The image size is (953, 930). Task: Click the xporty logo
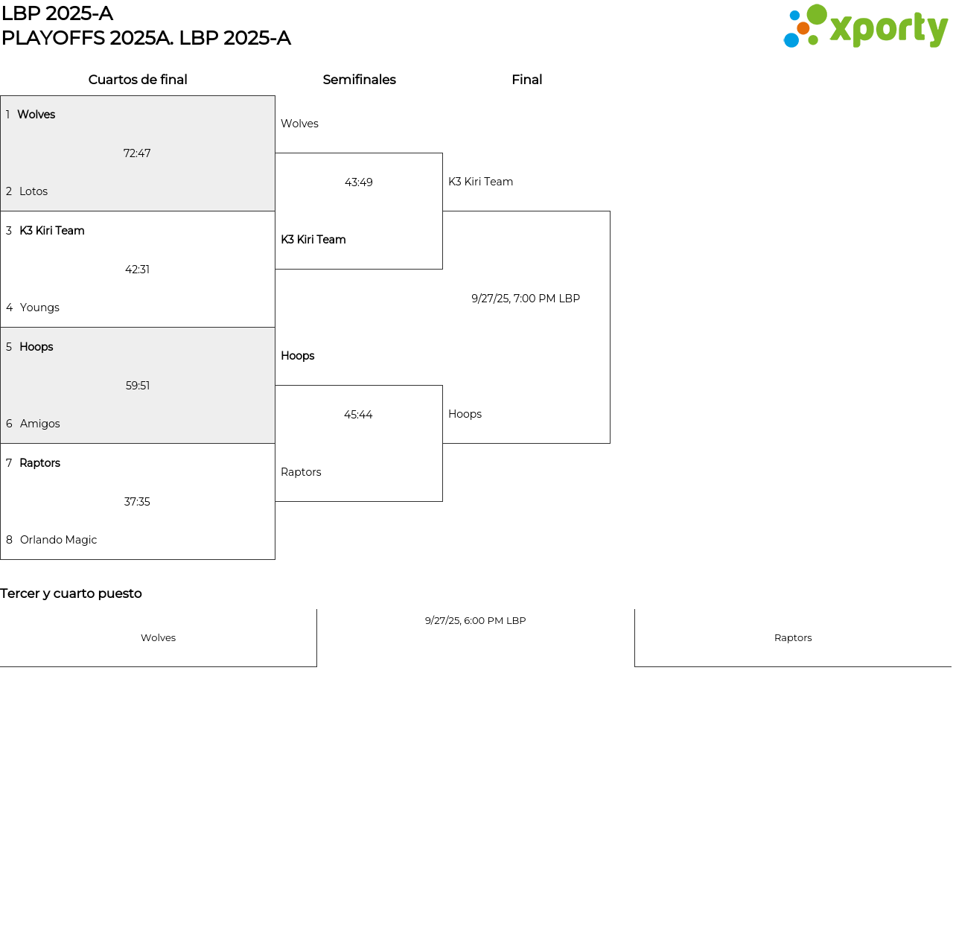(x=865, y=27)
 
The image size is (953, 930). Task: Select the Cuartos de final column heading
(x=138, y=80)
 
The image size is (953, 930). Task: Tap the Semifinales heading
(x=359, y=80)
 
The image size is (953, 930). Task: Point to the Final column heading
(x=526, y=80)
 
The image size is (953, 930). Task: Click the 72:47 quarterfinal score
(x=137, y=153)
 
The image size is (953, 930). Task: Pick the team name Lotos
(x=34, y=191)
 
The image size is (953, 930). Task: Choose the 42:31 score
(x=137, y=270)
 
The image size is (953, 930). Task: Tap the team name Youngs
(x=39, y=308)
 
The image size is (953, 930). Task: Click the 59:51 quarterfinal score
(x=138, y=386)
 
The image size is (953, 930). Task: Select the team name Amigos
(x=40, y=424)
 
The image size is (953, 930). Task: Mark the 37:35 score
(x=137, y=502)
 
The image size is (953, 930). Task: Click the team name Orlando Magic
(x=58, y=540)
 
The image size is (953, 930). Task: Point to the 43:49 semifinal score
(x=359, y=182)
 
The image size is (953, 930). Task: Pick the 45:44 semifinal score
(x=358, y=415)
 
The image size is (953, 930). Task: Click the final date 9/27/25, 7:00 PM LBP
(x=526, y=299)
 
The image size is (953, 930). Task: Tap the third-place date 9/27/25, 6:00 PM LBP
(x=475, y=620)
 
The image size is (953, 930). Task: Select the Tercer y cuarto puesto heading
(x=71, y=593)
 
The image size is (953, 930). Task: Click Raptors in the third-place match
(x=793, y=638)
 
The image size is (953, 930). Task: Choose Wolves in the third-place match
(x=158, y=638)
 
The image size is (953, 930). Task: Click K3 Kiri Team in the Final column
(x=480, y=182)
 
